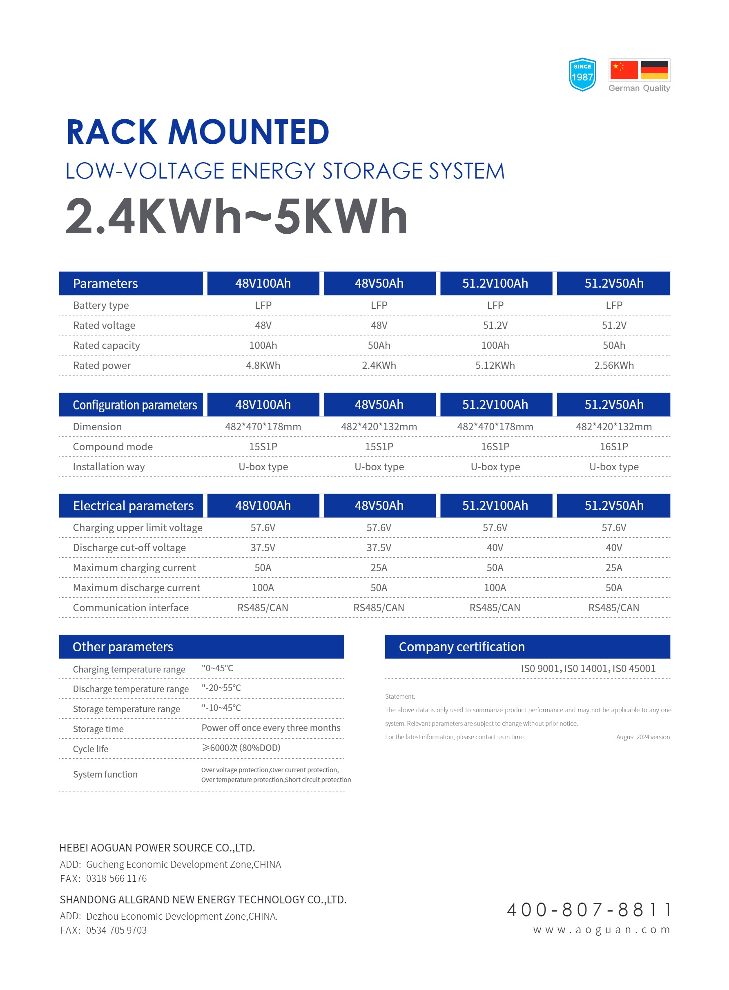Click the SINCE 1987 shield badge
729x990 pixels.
(x=582, y=74)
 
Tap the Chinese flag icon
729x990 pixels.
(x=624, y=70)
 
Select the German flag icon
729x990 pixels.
(x=654, y=70)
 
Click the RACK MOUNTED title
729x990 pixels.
(x=198, y=132)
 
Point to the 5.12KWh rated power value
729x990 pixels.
(x=495, y=365)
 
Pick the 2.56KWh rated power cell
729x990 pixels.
(x=613, y=365)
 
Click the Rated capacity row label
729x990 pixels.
(x=106, y=346)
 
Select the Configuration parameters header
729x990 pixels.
(x=135, y=405)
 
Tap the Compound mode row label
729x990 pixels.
(x=113, y=447)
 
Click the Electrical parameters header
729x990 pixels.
(x=133, y=506)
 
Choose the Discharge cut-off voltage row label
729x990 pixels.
(x=129, y=548)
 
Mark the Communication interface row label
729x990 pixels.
(x=131, y=608)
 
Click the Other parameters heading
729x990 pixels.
(x=123, y=647)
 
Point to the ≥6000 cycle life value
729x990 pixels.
(x=241, y=748)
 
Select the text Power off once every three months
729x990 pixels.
(x=270, y=728)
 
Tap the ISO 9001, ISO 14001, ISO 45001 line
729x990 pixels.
(x=588, y=669)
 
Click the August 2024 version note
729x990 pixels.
(x=642, y=737)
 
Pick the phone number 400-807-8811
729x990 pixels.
(x=589, y=910)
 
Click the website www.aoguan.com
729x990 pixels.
(x=601, y=930)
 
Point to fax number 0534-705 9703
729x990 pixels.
(x=116, y=930)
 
